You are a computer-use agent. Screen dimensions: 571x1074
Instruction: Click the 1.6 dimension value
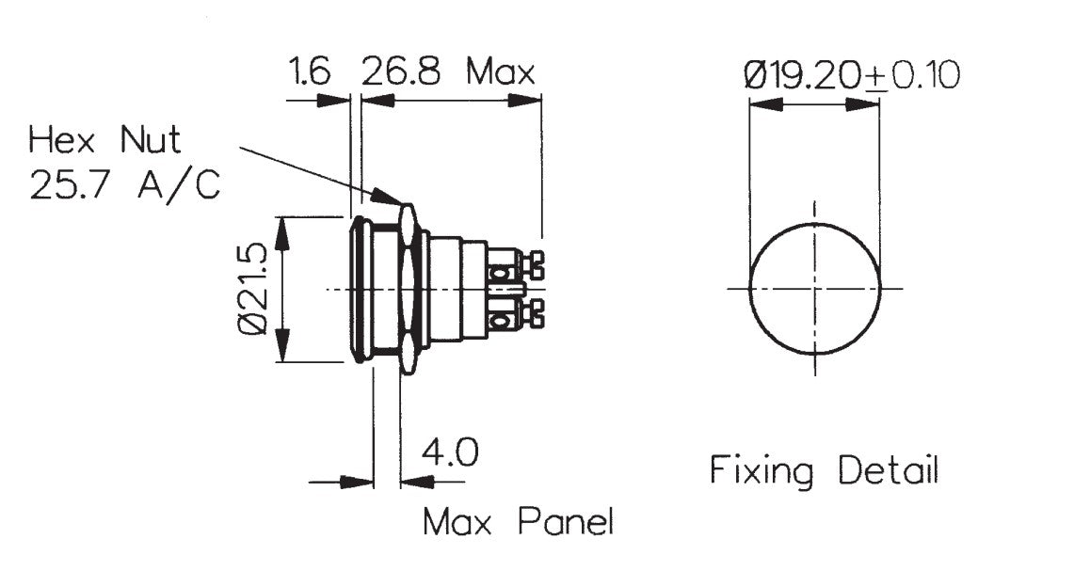pyautogui.click(x=310, y=72)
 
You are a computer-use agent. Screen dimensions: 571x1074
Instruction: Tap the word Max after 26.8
pyautogui.click(x=502, y=72)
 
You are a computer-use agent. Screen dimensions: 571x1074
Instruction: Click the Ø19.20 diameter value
pyautogui.click(x=804, y=75)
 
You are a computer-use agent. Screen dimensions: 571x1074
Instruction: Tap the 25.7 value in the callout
pyautogui.click(x=74, y=186)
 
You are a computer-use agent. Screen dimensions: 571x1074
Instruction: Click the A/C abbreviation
pyautogui.click(x=179, y=186)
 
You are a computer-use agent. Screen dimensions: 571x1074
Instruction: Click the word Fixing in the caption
pyautogui.click(x=761, y=469)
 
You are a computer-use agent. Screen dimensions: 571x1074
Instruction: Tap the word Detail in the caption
pyautogui.click(x=888, y=469)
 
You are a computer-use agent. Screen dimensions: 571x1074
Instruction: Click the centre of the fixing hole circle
pyautogui.click(x=815, y=289)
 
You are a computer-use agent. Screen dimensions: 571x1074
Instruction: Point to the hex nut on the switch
pyautogui.click(x=408, y=289)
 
